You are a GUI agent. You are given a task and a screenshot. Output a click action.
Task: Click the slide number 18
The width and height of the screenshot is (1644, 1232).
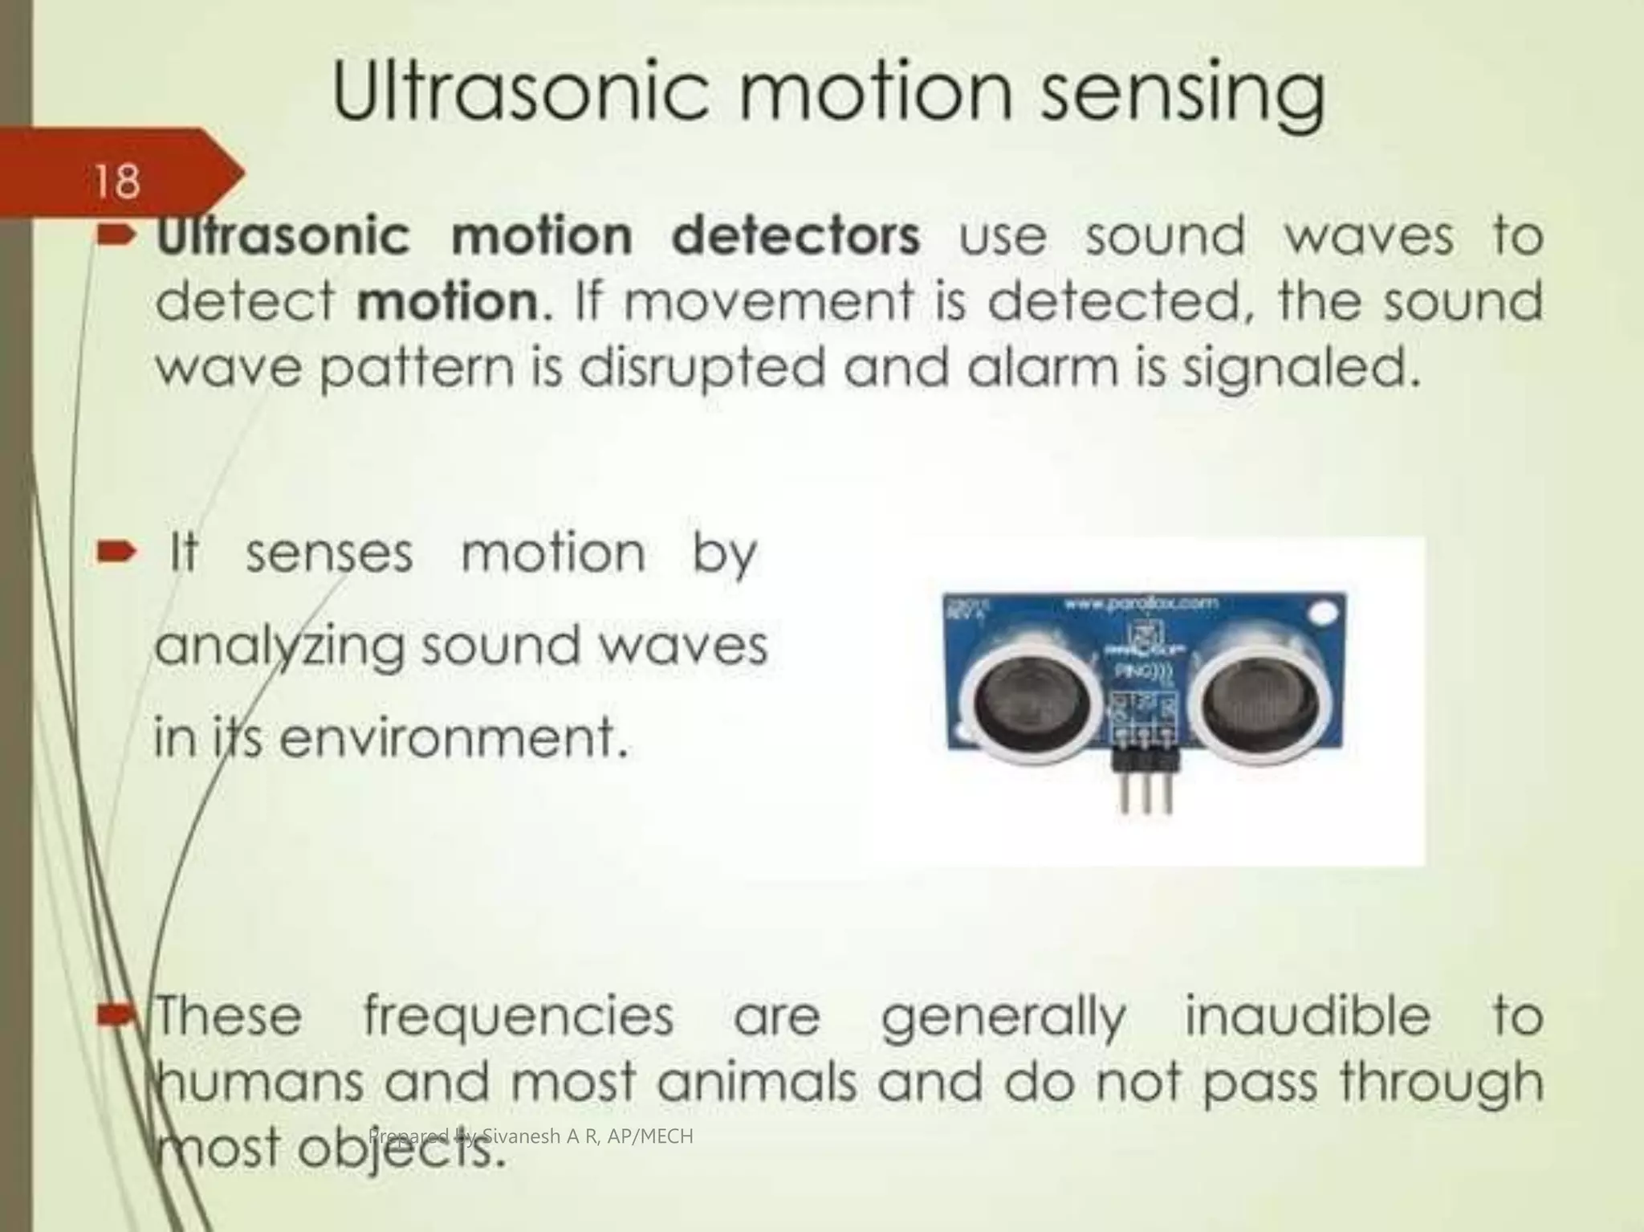coord(117,182)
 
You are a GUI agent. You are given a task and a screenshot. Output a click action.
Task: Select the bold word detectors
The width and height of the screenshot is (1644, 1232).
coord(796,236)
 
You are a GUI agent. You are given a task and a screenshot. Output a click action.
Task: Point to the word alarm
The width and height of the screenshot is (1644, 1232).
coord(1027,368)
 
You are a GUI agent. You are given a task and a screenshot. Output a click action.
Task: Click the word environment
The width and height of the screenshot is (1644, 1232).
coord(453,737)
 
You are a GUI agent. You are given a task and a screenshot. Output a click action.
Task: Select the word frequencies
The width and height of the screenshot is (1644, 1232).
coord(519,1016)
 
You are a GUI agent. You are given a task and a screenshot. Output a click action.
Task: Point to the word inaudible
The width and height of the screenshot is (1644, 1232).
coord(1308,1016)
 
